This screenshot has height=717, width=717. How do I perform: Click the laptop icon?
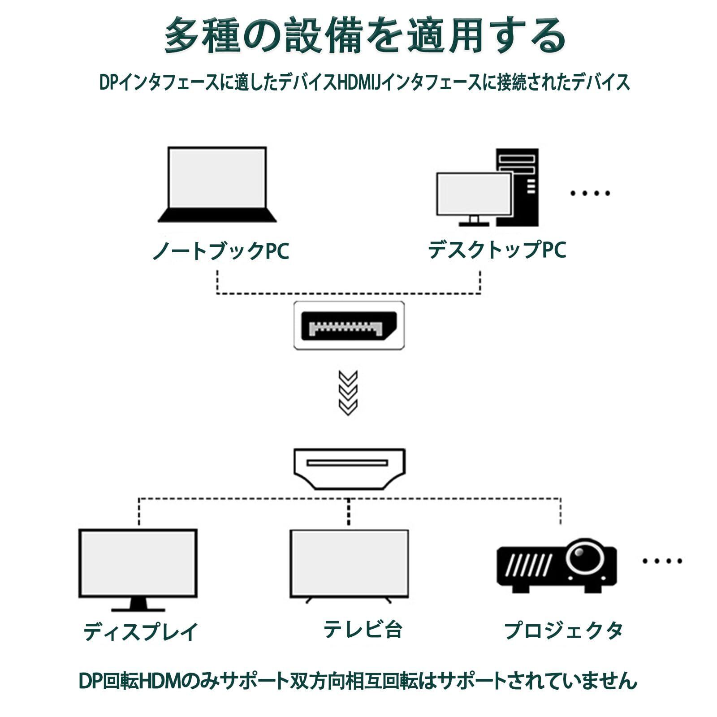tap(217, 185)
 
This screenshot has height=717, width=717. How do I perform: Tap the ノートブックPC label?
tap(221, 251)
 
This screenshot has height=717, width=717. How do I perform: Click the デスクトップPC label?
tap(497, 250)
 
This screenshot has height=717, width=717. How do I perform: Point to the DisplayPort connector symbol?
tap(349, 326)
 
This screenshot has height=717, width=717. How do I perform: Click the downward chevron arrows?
tap(348, 393)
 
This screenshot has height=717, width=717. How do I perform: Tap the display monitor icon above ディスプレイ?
tap(138, 564)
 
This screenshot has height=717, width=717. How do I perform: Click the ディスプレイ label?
tap(141, 631)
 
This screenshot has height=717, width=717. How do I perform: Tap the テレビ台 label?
tap(363, 629)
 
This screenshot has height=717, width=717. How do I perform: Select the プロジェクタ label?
tap(563, 631)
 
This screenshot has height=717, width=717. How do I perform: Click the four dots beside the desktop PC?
tap(590, 194)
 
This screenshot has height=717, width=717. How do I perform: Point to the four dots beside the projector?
tap(662, 561)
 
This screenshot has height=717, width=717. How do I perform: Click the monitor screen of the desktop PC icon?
tap(474, 194)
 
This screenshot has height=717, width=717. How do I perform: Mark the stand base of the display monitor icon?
tap(138, 609)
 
